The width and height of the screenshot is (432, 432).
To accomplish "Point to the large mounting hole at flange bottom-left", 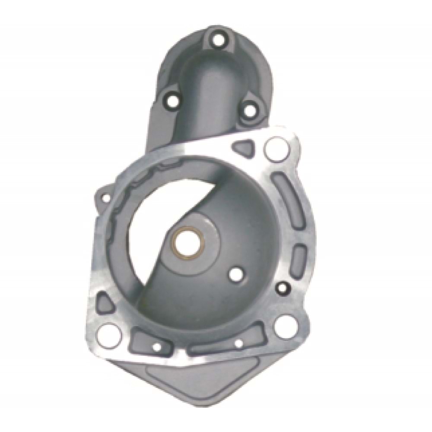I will point(106,333).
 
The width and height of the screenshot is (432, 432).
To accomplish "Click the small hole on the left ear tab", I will point(105,198).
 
